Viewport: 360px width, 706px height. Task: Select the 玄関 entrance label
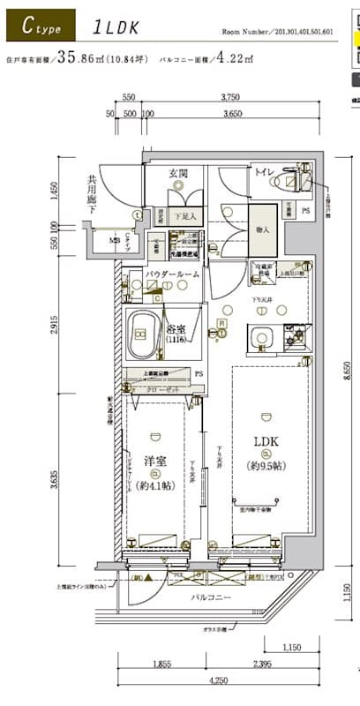click(177, 173)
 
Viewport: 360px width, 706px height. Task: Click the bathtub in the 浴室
click(140, 334)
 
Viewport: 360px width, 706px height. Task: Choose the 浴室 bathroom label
click(177, 331)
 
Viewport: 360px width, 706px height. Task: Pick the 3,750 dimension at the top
click(232, 99)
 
